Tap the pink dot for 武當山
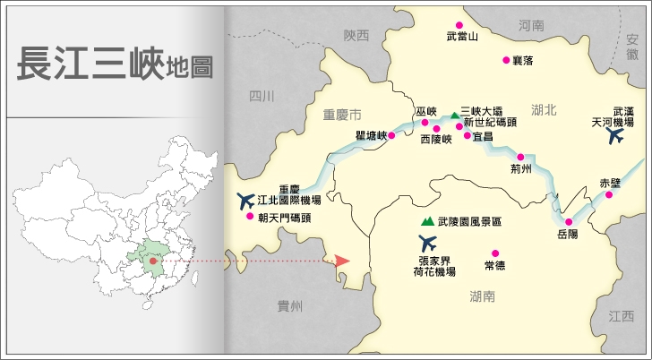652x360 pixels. click(x=459, y=25)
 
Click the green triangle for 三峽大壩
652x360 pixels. click(x=454, y=116)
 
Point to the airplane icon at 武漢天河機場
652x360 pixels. click(x=615, y=136)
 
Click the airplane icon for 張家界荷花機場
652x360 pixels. click(x=428, y=242)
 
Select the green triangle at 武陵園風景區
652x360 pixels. click(x=426, y=220)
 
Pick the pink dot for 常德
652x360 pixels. click(x=495, y=253)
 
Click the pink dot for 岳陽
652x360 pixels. click(x=568, y=221)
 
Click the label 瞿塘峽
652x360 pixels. click(x=370, y=136)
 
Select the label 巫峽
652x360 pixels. click(x=425, y=112)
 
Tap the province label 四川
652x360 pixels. click(x=262, y=96)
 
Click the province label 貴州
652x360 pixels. click(x=290, y=306)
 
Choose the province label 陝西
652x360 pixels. click(x=356, y=36)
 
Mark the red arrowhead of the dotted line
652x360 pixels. click(x=341, y=261)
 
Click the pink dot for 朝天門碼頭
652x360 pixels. click(x=250, y=216)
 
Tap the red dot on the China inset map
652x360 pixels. click(x=153, y=261)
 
